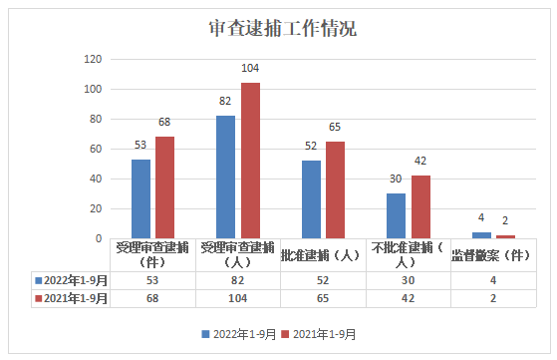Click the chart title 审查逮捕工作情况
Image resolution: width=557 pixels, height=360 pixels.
point(283,27)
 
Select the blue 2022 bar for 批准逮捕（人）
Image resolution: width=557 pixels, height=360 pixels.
point(311,199)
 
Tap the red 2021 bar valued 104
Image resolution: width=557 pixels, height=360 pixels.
point(249,161)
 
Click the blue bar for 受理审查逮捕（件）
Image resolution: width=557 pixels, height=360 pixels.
point(140,198)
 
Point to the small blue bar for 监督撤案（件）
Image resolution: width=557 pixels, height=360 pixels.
point(481,235)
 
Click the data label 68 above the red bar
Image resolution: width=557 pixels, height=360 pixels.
point(164,122)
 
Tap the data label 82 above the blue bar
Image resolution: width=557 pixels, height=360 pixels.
point(226,101)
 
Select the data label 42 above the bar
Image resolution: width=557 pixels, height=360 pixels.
point(419,161)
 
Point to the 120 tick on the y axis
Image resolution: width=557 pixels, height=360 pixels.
point(93,59)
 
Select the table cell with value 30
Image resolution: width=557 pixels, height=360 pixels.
point(408,280)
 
